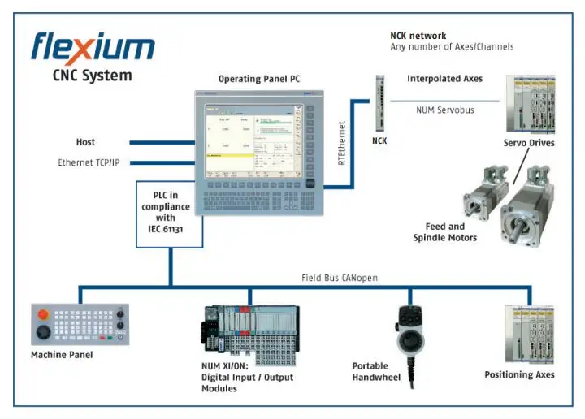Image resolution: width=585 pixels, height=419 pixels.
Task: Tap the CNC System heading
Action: point(92,77)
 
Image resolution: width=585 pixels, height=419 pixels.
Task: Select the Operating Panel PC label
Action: point(259,79)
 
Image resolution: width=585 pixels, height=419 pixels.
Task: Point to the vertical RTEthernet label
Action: point(342,143)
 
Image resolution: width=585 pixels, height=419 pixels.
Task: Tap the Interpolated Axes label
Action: point(444,79)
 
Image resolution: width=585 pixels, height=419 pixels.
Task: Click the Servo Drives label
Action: point(529,143)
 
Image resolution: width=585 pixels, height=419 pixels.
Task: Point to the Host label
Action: point(85,142)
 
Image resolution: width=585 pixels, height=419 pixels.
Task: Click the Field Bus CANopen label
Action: point(339,278)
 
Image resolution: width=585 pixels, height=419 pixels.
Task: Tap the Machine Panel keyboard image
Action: point(79,325)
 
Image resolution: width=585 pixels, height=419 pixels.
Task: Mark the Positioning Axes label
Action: point(519,374)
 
